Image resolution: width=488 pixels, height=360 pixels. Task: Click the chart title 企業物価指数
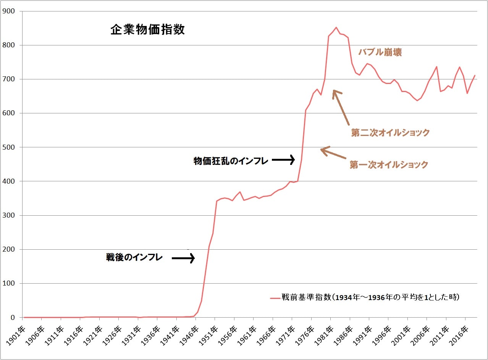click(147, 30)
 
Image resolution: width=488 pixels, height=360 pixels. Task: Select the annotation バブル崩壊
click(380, 52)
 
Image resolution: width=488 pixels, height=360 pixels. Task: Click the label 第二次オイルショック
click(390, 133)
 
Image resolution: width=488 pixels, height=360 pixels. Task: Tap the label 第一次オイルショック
click(389, 165)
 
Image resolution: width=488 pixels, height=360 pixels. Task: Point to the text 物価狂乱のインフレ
click(231, 161)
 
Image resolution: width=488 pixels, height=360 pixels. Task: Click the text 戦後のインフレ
click(134, 258)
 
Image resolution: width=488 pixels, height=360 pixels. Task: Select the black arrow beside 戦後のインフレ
click(183, 258)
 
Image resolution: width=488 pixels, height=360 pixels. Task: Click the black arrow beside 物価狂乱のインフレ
click(283, 160)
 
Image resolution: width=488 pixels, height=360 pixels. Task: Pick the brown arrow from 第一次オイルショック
click(333, 153)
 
